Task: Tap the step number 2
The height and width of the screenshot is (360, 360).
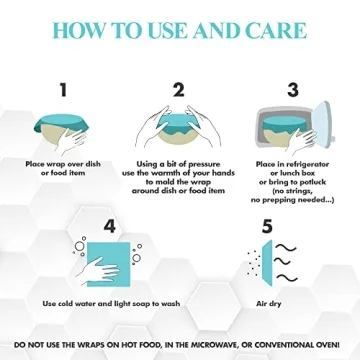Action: coord(179,89)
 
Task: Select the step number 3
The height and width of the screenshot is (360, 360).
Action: coord(293,89)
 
